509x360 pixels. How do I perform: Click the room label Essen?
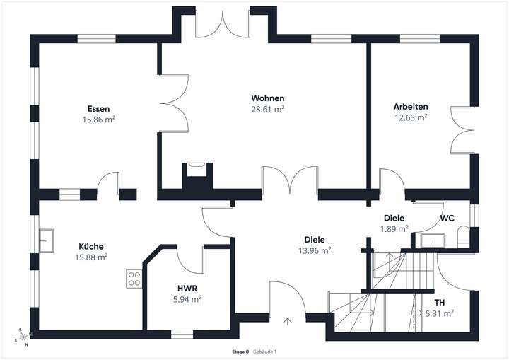[x=98, y=109]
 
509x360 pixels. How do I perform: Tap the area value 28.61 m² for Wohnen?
[x=268, y=109]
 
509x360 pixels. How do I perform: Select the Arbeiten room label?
[x=411, y=107]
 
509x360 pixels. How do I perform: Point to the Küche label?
[x=91, y=247]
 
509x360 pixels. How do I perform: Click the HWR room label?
[x=187, y=289]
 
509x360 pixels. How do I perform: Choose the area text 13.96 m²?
[x=315, y=250]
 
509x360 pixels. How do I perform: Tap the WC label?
[x=447, y=219]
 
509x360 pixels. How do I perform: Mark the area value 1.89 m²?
[x=394, y=228]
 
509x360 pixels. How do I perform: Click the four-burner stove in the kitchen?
[x=134, y=279]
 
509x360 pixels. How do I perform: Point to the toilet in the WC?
[x=464, y=237]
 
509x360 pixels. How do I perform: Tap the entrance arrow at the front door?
[x=288, y=322]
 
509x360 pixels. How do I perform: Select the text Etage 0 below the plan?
[x=240, y=352]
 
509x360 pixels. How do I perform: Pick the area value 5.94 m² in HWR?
[x=187, y=299]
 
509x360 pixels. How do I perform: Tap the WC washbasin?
[x=429, y=240]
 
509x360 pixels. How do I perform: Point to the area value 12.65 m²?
[x=411, y=117]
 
